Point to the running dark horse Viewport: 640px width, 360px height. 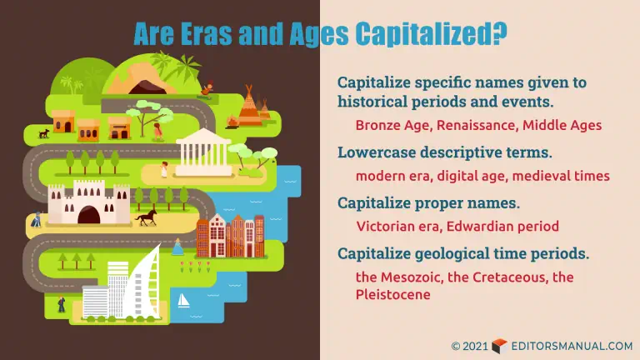tap(147, 217)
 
